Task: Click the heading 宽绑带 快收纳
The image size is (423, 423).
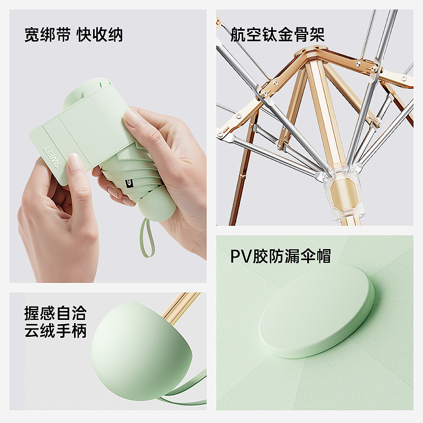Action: coord(73,34)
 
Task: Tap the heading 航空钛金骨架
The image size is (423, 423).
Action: coord(277,34)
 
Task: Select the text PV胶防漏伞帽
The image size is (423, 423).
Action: coord(281,256)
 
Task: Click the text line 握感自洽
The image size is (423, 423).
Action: coord(56,313)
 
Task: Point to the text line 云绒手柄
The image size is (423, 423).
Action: coord(56,330)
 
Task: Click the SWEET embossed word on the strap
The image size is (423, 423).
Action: coord(52,157)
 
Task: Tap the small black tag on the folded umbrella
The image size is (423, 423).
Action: coord(128,183)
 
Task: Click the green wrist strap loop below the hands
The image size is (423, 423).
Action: coord(147,237)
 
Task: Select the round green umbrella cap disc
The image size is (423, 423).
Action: coord(317,311)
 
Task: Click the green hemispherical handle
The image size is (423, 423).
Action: coord(142,351)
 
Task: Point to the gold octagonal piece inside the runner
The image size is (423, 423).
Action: coord(344,193)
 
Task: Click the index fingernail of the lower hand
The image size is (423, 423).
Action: coord(74,162)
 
